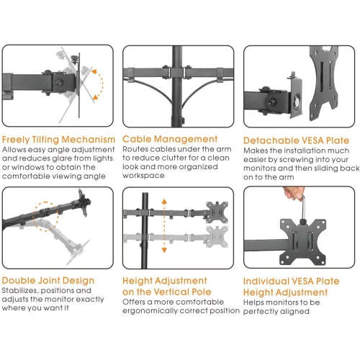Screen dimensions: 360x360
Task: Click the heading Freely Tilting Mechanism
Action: pyautogui.click(x=58, y=139)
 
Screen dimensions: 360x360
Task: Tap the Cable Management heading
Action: pyautogui.click(x=170, y=139)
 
